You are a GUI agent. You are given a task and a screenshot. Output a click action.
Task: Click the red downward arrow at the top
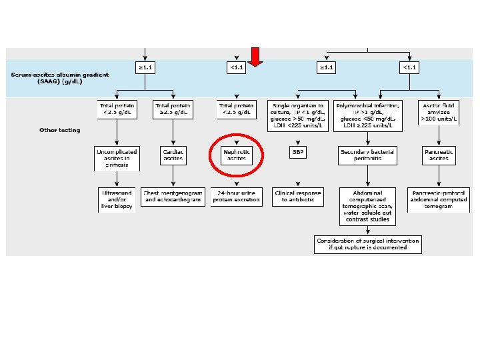pos(256,56)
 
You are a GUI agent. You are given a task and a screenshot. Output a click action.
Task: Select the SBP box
pos(297,152)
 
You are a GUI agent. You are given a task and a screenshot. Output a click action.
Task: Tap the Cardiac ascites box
pos(173,155)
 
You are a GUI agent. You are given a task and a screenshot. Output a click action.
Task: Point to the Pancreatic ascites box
pos(439,155)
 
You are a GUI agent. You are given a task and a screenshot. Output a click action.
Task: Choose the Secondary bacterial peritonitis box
pos(368,155)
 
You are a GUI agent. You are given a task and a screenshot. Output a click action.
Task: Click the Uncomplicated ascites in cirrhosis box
pos(117,159)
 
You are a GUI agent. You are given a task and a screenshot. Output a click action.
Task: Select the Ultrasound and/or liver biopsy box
pos(117,199)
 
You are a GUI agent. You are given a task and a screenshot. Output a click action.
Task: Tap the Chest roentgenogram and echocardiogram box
pos(173,196)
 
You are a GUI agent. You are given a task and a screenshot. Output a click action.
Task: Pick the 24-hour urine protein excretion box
pos(237,196)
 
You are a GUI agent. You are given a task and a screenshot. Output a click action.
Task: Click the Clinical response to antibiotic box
pos(297,196)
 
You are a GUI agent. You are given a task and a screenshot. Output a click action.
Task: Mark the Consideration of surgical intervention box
pos(369,244)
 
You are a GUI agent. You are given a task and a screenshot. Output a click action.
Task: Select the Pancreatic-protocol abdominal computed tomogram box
pos(439,199)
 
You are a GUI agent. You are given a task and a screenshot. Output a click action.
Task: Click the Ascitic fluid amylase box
pos(439,113)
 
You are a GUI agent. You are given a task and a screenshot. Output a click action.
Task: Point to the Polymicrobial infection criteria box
pos(368,115)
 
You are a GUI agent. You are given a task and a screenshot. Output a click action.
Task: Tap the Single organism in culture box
pos(297,115)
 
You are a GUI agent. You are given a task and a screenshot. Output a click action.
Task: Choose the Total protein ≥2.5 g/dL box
pos(173,109)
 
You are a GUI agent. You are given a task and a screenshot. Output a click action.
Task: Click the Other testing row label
pos(59,130)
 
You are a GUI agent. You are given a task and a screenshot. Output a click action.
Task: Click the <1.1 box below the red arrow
pos(237,67)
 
